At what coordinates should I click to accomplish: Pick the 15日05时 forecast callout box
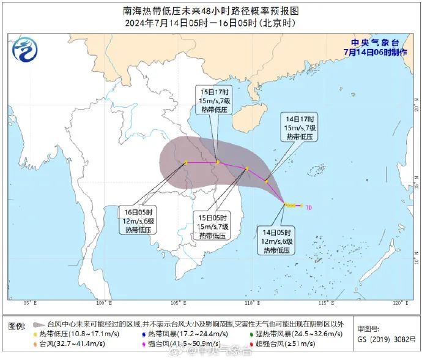click(x=213, y=226)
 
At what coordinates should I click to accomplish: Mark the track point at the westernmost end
click(x=186, y=162)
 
